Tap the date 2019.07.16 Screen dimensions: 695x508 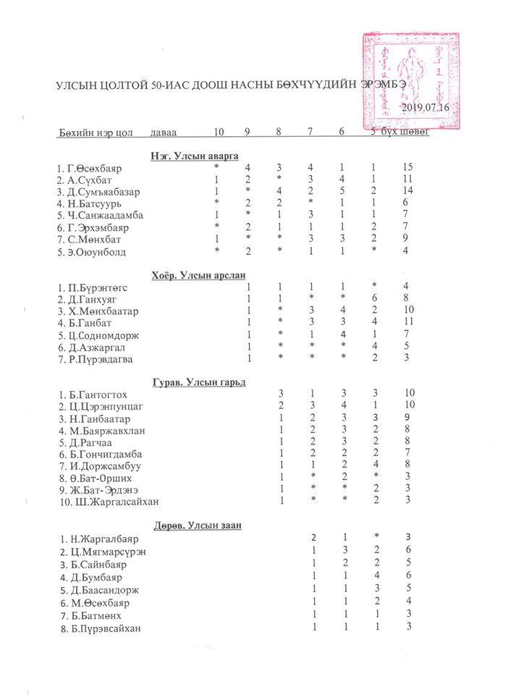point(425,106)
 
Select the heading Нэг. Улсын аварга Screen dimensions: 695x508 point(194,155)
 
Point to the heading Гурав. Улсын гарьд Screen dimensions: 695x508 point(198,382)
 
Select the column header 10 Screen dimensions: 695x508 point(219,132)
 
